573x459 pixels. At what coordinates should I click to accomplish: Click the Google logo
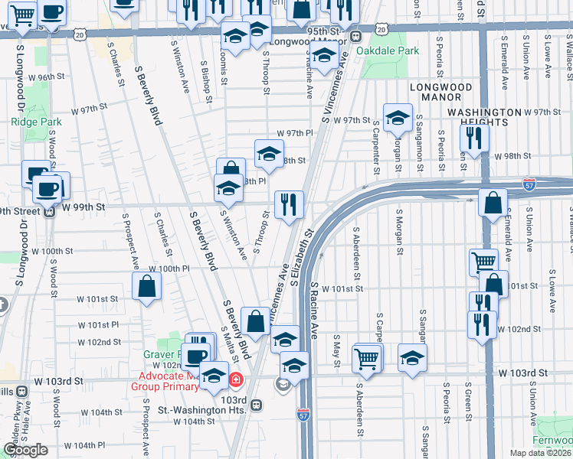[25, 450]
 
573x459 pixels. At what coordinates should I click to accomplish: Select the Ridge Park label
[30, 122]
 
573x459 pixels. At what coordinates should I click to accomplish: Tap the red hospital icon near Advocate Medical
[237, 379]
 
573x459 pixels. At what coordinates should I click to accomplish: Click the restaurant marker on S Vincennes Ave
[289, 205]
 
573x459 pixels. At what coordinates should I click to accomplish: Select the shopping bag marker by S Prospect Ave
[146, 287]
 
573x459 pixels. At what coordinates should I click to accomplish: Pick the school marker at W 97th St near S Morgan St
[398, 118]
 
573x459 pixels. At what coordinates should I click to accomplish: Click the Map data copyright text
[541, 452]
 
